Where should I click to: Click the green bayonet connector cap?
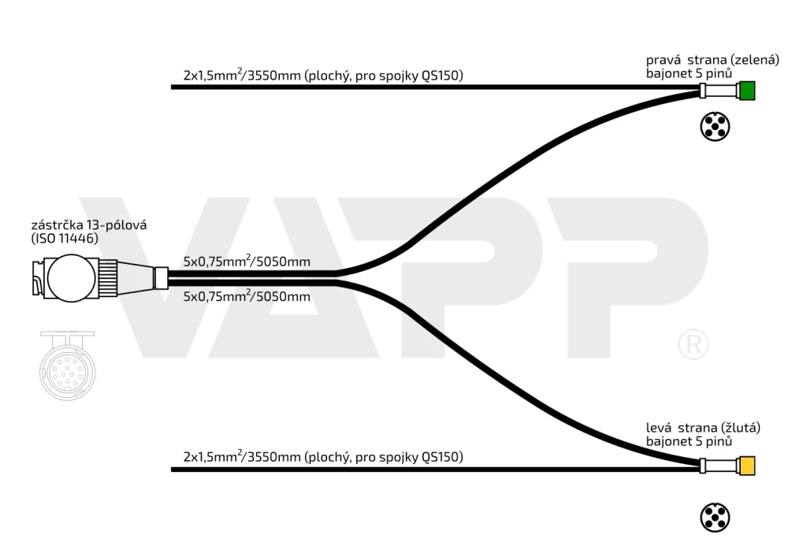(747, 91)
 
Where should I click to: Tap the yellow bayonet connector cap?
(747, 466)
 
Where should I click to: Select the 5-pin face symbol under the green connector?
(715, 127)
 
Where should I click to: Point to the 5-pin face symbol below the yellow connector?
(715, 518)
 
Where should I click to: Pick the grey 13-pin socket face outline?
(67, 366)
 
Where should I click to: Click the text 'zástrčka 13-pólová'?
(89, 225)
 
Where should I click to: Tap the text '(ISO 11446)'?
(65, 239)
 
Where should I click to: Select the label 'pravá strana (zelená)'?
(712, 61)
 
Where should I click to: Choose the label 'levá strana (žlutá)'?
(703, 428)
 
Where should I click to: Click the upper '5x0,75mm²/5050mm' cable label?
(247, 262)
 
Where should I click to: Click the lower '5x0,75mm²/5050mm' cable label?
(247, 296)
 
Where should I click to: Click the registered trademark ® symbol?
(693, 344)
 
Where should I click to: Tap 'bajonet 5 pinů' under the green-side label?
(689, 74)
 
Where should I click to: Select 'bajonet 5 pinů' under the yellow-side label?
(689, 441)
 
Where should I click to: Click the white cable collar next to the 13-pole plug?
(161, 278)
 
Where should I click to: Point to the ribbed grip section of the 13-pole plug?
(107, 278)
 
